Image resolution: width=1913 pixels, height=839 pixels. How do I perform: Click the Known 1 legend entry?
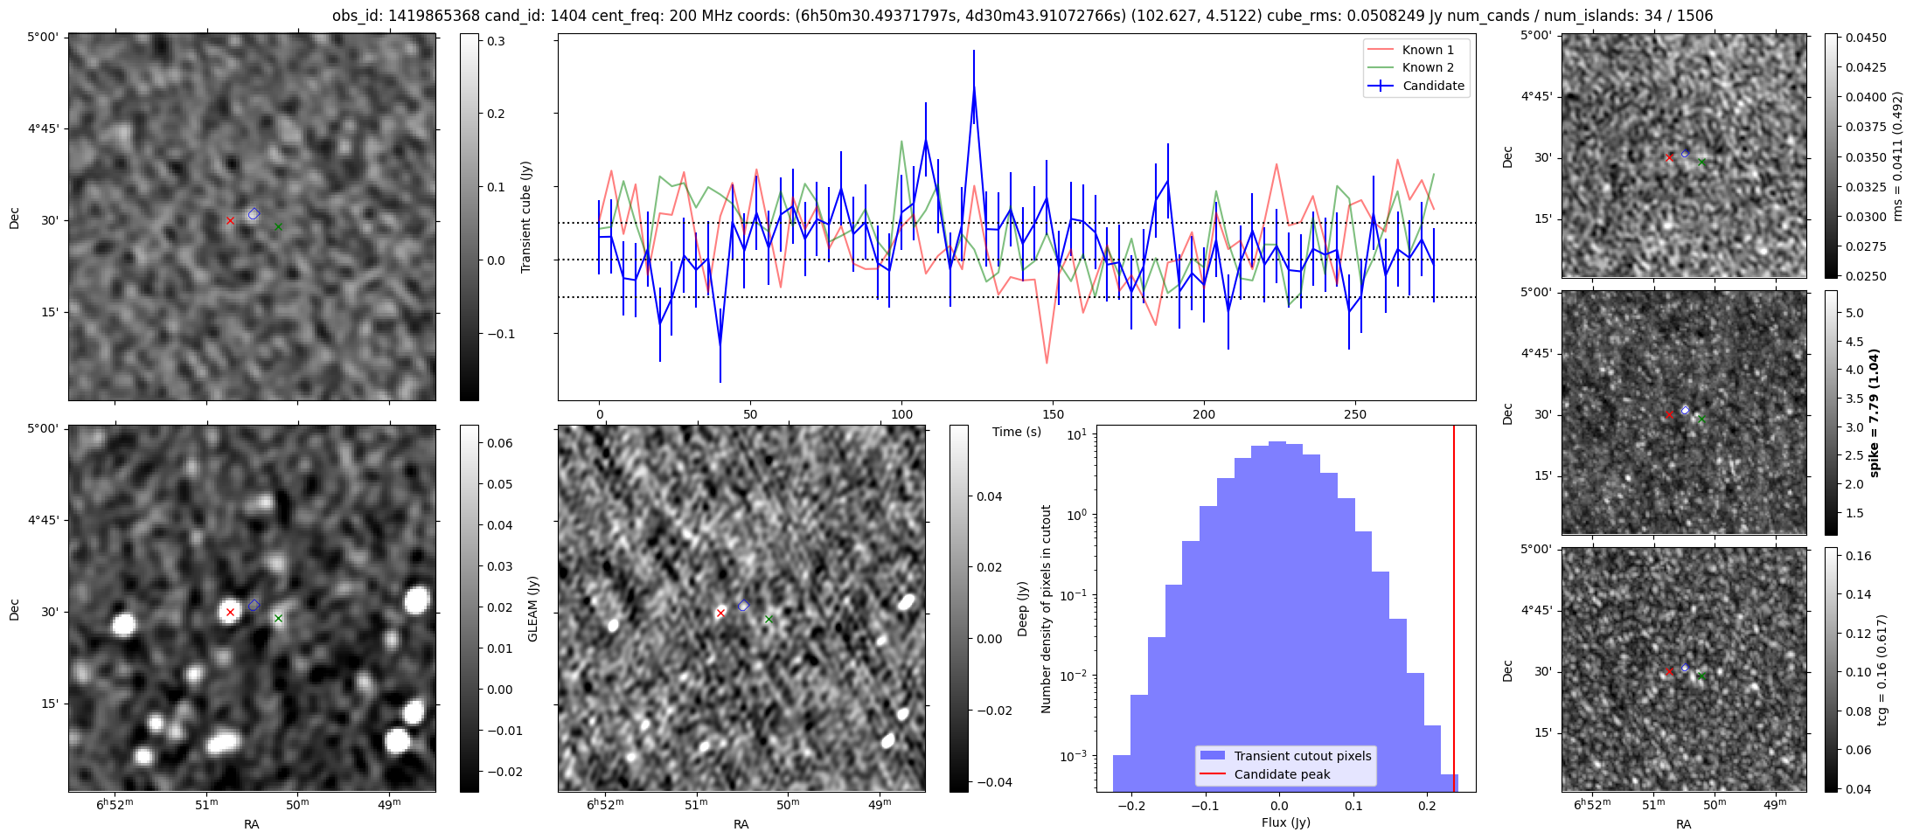[1427, 50]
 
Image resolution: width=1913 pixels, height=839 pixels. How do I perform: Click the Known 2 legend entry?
[1427, 67]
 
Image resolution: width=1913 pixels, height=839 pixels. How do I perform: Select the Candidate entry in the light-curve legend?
[1433, 86]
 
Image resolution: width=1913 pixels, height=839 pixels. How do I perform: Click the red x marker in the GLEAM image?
[230, 613]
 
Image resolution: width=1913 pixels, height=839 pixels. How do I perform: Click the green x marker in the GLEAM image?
[278, 619]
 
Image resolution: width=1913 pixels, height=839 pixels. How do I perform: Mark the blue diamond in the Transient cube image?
[254, 214]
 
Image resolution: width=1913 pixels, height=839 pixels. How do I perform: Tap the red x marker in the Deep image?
[720, 614]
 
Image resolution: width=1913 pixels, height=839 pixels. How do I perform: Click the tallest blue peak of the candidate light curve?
[973, 87]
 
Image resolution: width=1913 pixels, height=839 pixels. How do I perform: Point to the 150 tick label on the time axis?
[1053, 414]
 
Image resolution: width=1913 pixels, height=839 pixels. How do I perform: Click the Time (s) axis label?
[1016, 432]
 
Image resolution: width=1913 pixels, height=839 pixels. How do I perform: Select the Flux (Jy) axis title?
[1285, 822]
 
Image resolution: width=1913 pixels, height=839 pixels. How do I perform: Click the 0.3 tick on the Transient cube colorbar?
[496, 41]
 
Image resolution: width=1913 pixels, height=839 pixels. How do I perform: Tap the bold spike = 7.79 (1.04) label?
[1874, 413]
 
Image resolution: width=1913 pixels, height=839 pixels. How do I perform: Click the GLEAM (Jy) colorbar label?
[532, 609]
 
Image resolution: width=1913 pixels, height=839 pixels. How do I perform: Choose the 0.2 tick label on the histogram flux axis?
[1427, 805]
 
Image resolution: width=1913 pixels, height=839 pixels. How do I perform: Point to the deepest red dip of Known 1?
[1047, 363]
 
